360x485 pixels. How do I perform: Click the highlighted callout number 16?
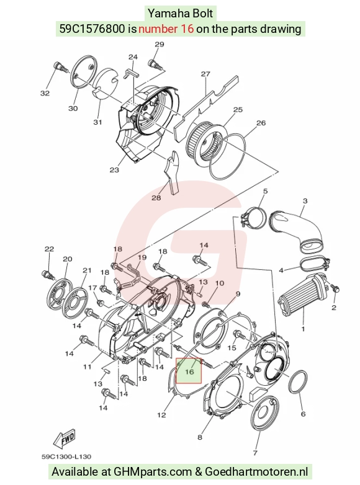tap(189, 372)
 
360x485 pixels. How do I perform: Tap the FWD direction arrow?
tap(65, 438)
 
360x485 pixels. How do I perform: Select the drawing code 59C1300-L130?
tap(66, 456)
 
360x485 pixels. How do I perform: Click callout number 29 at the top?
tap(159, 44)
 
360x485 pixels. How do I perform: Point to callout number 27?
tap(205, 74)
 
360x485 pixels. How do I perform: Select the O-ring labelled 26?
tap(228, 157)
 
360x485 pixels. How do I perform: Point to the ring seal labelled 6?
tap(298, 381)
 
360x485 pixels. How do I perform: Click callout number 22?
tap(49, 249)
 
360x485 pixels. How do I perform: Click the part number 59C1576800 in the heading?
tap(92, 29)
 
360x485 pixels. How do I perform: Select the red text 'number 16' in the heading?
tap(166, 29)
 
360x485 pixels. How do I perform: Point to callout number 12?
tap(161, 415)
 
